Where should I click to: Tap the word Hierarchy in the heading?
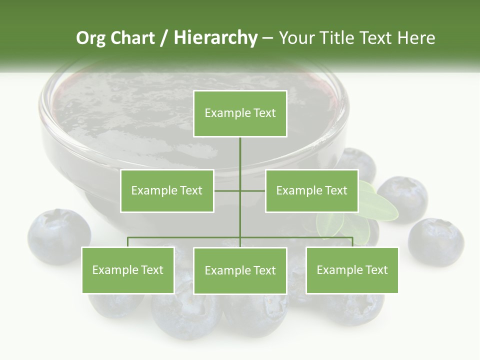pos(215,38)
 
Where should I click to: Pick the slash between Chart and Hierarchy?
pos(163,38)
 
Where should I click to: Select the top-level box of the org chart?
pos(240,113)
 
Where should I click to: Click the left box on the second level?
pos(167,190)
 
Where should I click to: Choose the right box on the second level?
pos(312,190)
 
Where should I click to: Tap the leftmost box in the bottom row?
pos(128,270)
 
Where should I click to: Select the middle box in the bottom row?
pos(240,270)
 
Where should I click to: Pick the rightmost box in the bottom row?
pos(352,270)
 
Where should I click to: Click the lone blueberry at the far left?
pos(58,236)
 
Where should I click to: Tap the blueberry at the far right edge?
pos(435,241)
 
